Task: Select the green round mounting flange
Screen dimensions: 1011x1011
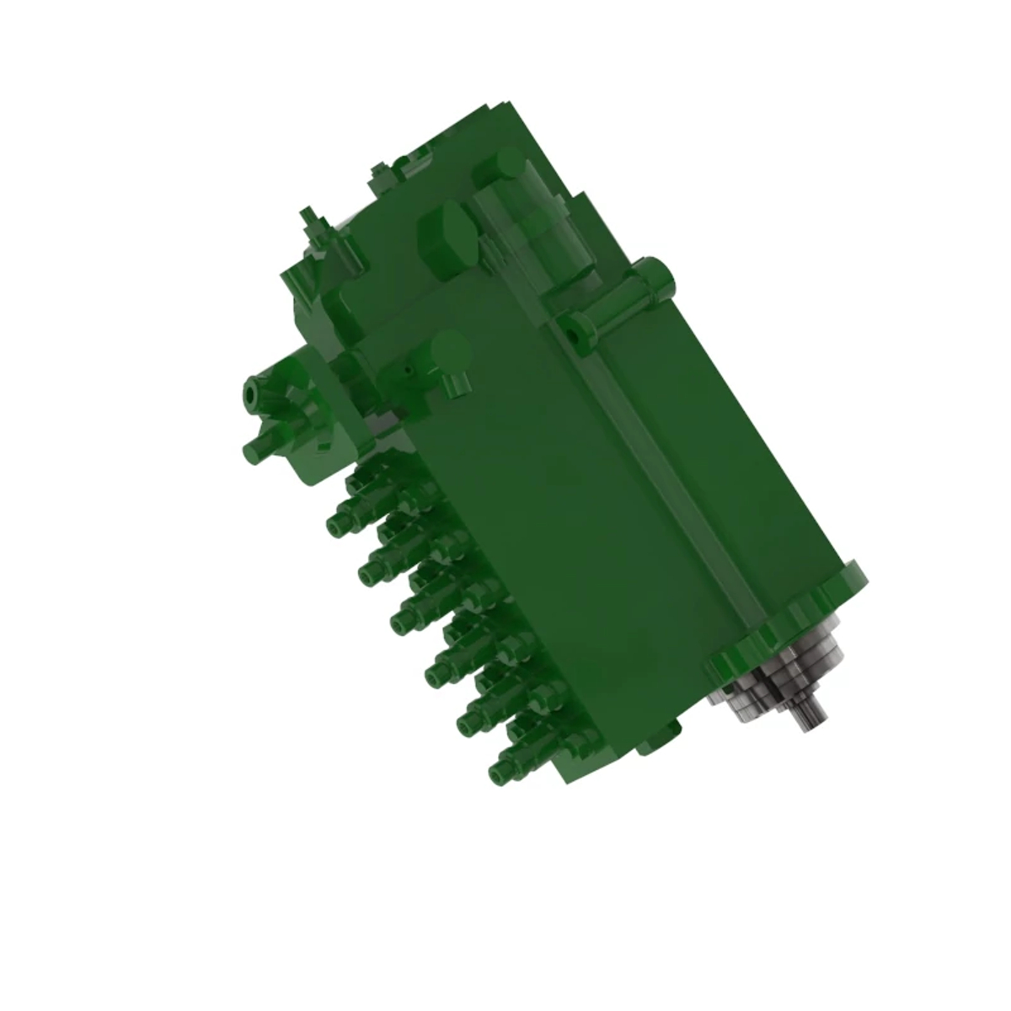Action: [788, 619]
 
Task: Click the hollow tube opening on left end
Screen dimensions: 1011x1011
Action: [250, 393]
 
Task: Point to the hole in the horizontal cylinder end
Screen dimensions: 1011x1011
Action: [573, 334]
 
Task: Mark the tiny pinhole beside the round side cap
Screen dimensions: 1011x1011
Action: [408, 368]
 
